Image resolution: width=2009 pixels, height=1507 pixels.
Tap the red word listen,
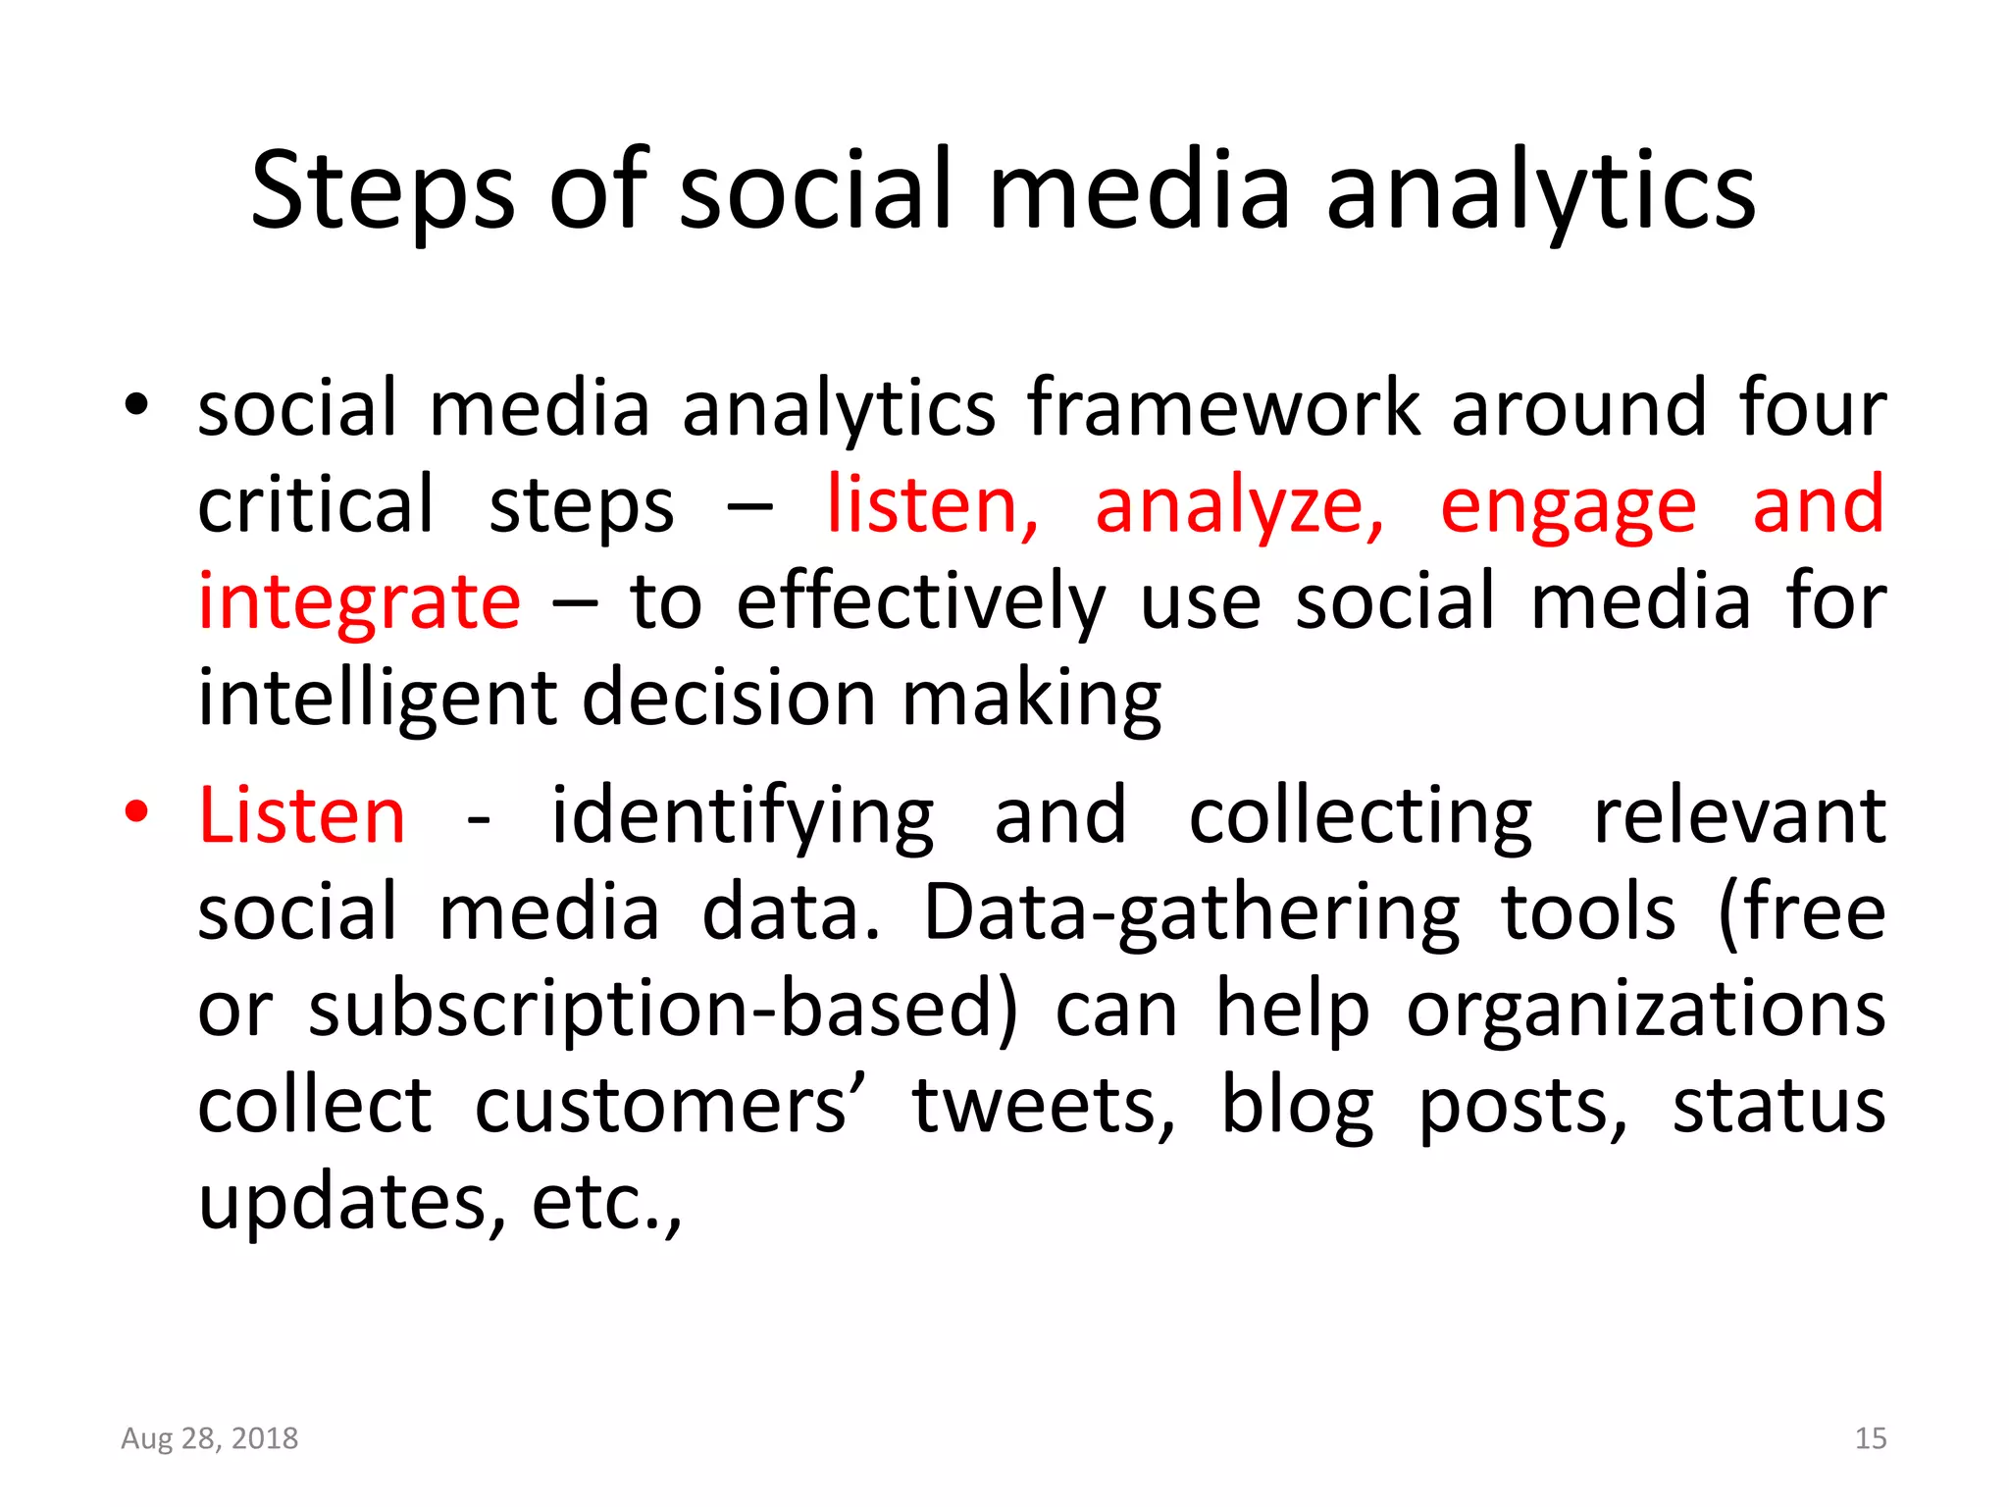[x=932, y=505]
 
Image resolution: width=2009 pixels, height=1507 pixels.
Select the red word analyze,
[x=1239, y=505]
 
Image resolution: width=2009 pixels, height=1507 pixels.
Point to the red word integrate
[x=359, y=602]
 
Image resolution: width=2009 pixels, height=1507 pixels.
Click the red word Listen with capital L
[x=301, y=815]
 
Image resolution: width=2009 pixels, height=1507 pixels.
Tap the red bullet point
[x=136, y=812]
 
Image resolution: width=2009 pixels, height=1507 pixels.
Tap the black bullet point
[x=136, y=403]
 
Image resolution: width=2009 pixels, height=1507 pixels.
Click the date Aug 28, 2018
[x=209, y=1438]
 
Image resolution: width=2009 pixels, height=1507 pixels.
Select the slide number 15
[x=1870, y=1438]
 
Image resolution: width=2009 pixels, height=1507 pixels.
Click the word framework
[x=1222, y=408]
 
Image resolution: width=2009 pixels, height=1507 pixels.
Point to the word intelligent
[x=378, y=699]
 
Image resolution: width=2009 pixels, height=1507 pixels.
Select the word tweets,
[x=1044, y=1106]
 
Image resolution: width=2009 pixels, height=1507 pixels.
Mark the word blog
[x=1296, y=1106]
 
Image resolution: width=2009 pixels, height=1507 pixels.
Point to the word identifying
[x=743, y=815]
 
